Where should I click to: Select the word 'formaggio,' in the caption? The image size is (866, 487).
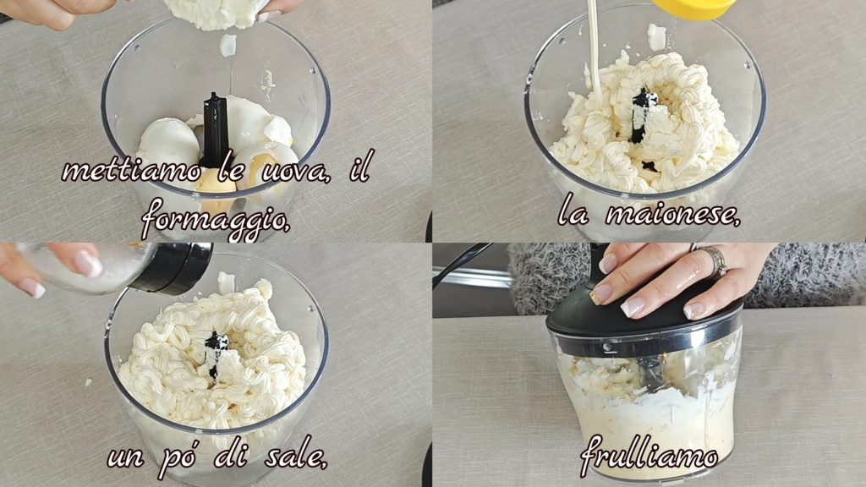point(216,219)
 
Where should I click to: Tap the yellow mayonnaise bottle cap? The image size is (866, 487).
point(693,8)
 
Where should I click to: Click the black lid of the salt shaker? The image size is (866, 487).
point(173,268)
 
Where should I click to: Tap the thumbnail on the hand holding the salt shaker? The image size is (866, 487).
point(88,265)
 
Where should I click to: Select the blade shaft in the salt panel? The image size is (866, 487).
point(216,353)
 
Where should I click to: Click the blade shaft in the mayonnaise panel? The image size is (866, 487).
point(643,115)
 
